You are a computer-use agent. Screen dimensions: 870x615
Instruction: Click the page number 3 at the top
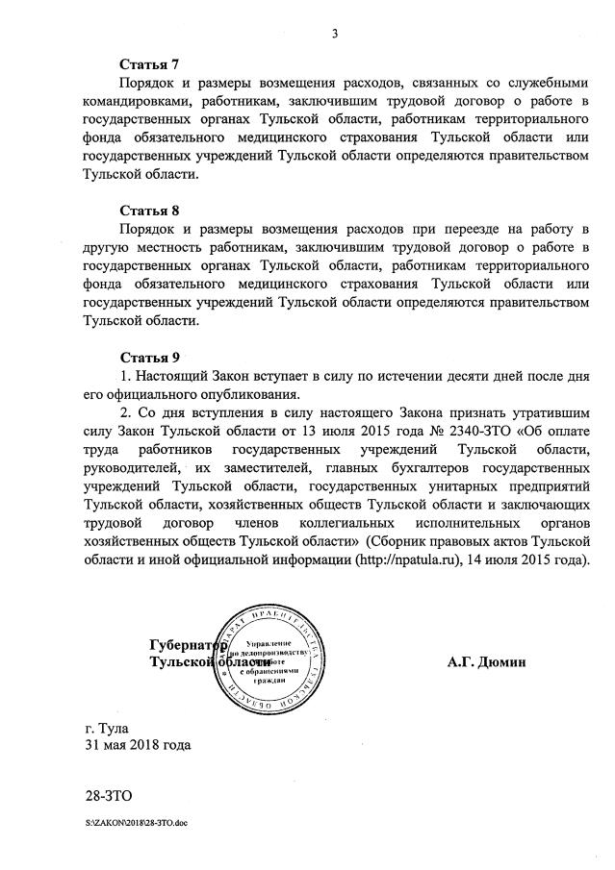pos(335,35)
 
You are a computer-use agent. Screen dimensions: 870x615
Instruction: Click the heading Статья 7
pos(149,65)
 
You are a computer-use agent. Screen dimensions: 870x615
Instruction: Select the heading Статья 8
pos(149,211)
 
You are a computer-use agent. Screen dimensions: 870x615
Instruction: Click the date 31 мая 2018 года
pos(138,745)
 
